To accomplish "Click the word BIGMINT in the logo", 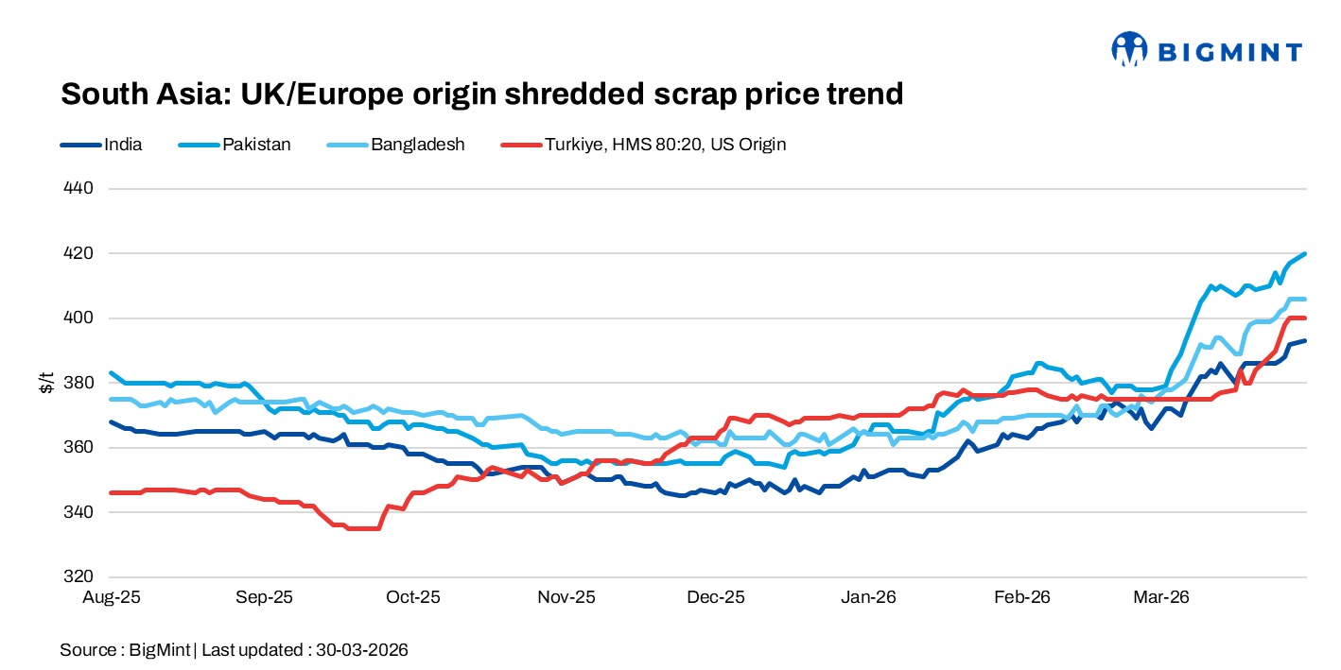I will (1228, 52).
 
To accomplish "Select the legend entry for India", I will (123, 145).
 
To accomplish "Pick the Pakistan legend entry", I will (256, 145).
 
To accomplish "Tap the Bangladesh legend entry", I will (417, 145).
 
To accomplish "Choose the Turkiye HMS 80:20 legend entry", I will (665, 145).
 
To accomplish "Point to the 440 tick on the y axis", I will (79, 189).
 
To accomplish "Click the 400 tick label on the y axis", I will (79, 318).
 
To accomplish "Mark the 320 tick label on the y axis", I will (79, 576).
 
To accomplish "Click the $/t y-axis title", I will (46, 383).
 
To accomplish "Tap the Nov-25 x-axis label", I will (566, 597).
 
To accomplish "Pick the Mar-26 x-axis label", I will (1160, 597).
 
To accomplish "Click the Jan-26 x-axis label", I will (868, 597).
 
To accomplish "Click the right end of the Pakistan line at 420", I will (1305, 253).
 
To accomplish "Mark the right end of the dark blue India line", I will (1305, 341).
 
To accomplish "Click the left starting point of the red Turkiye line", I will (112, 492).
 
